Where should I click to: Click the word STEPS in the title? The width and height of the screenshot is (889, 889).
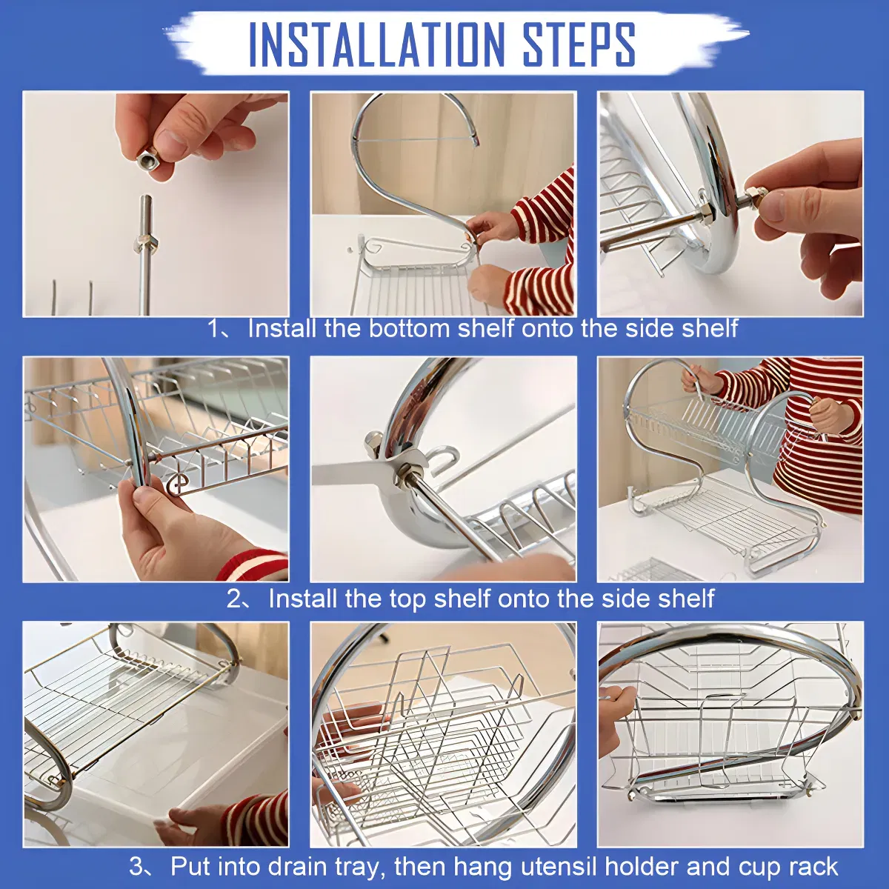(x=579, y=44)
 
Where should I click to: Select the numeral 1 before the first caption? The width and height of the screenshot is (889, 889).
(x=214, y=328)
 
